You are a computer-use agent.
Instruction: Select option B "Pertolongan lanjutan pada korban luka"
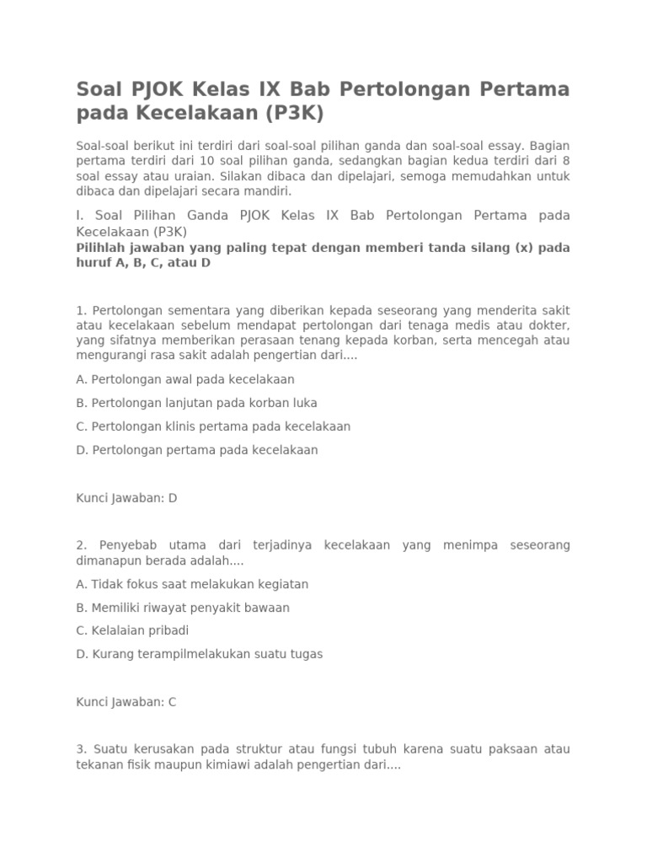196,403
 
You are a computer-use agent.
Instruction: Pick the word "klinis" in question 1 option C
180,426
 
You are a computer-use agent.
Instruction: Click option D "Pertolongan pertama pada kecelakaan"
196,450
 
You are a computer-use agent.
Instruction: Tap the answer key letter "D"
173,498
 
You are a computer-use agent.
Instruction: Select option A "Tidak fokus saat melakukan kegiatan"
192,584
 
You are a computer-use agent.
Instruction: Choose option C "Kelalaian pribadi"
132,630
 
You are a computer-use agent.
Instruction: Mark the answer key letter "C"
173,702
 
